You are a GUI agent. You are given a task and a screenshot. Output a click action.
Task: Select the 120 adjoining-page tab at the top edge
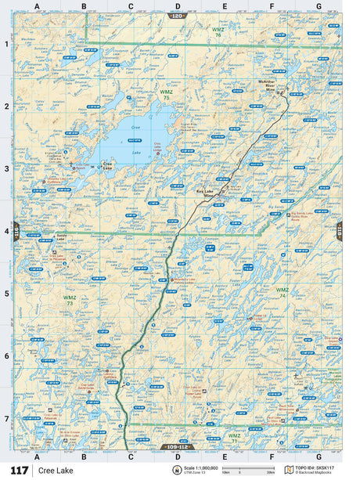click(x=178, y=16)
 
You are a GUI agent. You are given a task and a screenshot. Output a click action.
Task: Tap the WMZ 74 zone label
click(x=282, y=292)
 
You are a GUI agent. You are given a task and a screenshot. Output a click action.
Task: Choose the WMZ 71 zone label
click(x=234, y=437)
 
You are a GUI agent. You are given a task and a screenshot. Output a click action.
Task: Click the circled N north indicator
click(x=166, y=469)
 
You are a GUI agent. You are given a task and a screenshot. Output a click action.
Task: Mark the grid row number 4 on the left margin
click(x=5, y=231)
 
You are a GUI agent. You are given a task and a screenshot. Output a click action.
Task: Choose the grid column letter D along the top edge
click(x=178, y=6)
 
